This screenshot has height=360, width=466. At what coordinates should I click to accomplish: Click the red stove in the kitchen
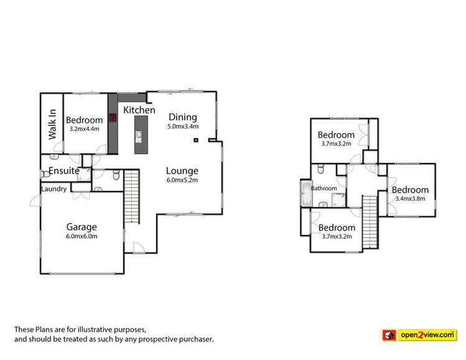(113, 117)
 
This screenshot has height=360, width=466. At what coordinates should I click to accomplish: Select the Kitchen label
(139, 110)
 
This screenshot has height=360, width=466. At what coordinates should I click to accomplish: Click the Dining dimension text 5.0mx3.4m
(183, 126)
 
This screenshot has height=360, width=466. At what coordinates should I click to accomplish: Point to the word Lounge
(182, 170)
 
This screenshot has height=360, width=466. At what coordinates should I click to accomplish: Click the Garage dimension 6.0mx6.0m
(82, 236)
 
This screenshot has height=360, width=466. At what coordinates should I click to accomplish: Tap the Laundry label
(54, 189)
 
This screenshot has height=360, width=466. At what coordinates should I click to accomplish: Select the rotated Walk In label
(52, 124)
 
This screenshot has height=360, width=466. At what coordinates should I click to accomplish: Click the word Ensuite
(60, 170)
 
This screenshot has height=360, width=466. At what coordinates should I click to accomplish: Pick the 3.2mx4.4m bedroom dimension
(84, 129)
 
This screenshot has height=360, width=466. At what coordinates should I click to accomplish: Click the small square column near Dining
(196, 140)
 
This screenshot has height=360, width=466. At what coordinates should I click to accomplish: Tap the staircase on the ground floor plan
(131, 193)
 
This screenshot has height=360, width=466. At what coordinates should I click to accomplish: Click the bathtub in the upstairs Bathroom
(305, 195)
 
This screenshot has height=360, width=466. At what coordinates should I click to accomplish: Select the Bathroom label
(324, 188)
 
